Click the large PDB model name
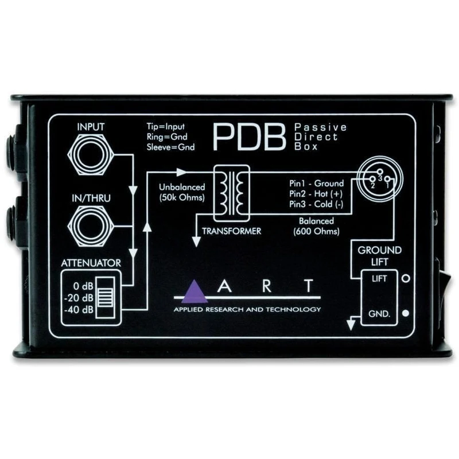[x=249, y=137]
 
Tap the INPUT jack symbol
[x=91, y=154]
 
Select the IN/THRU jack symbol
[x=91, y=225]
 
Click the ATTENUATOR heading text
[x=91, y=263]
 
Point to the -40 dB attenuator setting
[x=79, y=309]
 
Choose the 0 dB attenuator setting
[x=83, y=286]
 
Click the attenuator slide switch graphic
[x=106, y=297]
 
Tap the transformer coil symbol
[x=232, y=193]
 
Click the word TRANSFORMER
[x=231, y=231]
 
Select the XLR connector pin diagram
[x=380, y=178]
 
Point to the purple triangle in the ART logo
[x=194, y=292]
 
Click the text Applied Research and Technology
[x=247, y=309]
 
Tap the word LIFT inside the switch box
[x=379, y=279]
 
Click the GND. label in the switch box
[x=379, y=314]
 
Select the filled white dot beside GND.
[x=406, y=313]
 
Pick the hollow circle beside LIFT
[x=406, y=278]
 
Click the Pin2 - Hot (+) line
[x=316, y=194]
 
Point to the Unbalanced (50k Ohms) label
[x=182, y=192]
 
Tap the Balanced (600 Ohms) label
[x=317, y=226]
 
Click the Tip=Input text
[x=166, y=126]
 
